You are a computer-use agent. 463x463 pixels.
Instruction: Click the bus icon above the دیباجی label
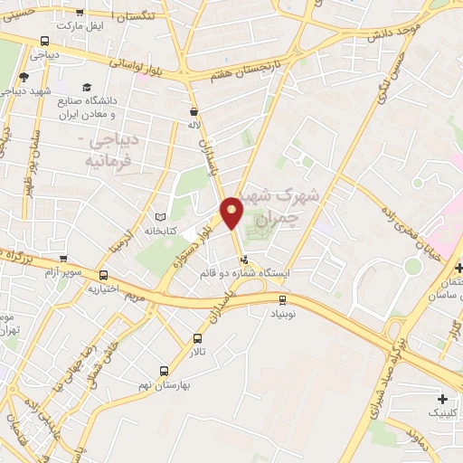pos(45,41)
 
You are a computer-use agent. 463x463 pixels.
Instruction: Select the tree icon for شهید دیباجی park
pos(24,78)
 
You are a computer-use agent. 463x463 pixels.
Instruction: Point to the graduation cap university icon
pos(87,88)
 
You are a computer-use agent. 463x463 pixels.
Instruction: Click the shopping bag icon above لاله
pos(193,112)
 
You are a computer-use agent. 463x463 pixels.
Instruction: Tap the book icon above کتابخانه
pos(161,218)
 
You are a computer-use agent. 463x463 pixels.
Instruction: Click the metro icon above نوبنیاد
pos(283,299)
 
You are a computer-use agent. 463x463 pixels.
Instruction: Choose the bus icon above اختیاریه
pos(104,276)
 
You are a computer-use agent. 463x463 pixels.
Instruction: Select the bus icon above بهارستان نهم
pos(164,371)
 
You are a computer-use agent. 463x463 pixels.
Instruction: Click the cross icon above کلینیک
pos(441,399)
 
